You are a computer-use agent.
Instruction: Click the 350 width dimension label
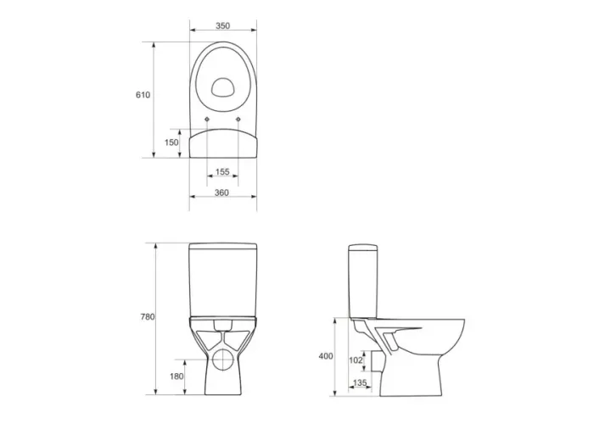click(x=222, y=25)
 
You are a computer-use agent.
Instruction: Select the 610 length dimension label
click(x=143, y=95)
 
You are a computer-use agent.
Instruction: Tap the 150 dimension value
click(x=171, y=142)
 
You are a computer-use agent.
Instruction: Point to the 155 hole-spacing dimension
click(x=222, y=172)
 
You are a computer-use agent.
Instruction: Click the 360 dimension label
click(x=221, y=192)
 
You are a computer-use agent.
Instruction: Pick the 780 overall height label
click(x=148, y=317)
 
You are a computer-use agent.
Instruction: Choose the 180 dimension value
click(x=177, y=377)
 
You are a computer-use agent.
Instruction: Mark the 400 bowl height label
click(x=326, y=356)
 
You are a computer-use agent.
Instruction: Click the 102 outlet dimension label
click(x=356, y=360)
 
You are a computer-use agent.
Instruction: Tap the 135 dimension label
click(x=360, y=383)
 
